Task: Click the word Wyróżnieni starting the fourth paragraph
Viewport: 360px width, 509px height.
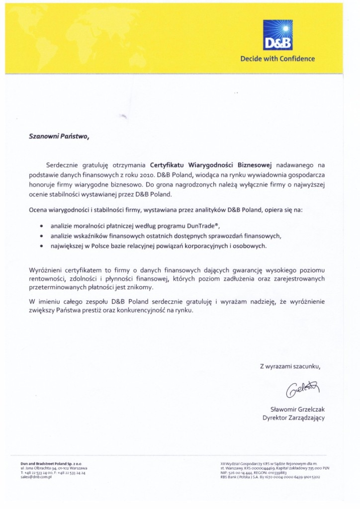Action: point(44,269)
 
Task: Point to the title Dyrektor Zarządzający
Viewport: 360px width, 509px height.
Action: point(293,418)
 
